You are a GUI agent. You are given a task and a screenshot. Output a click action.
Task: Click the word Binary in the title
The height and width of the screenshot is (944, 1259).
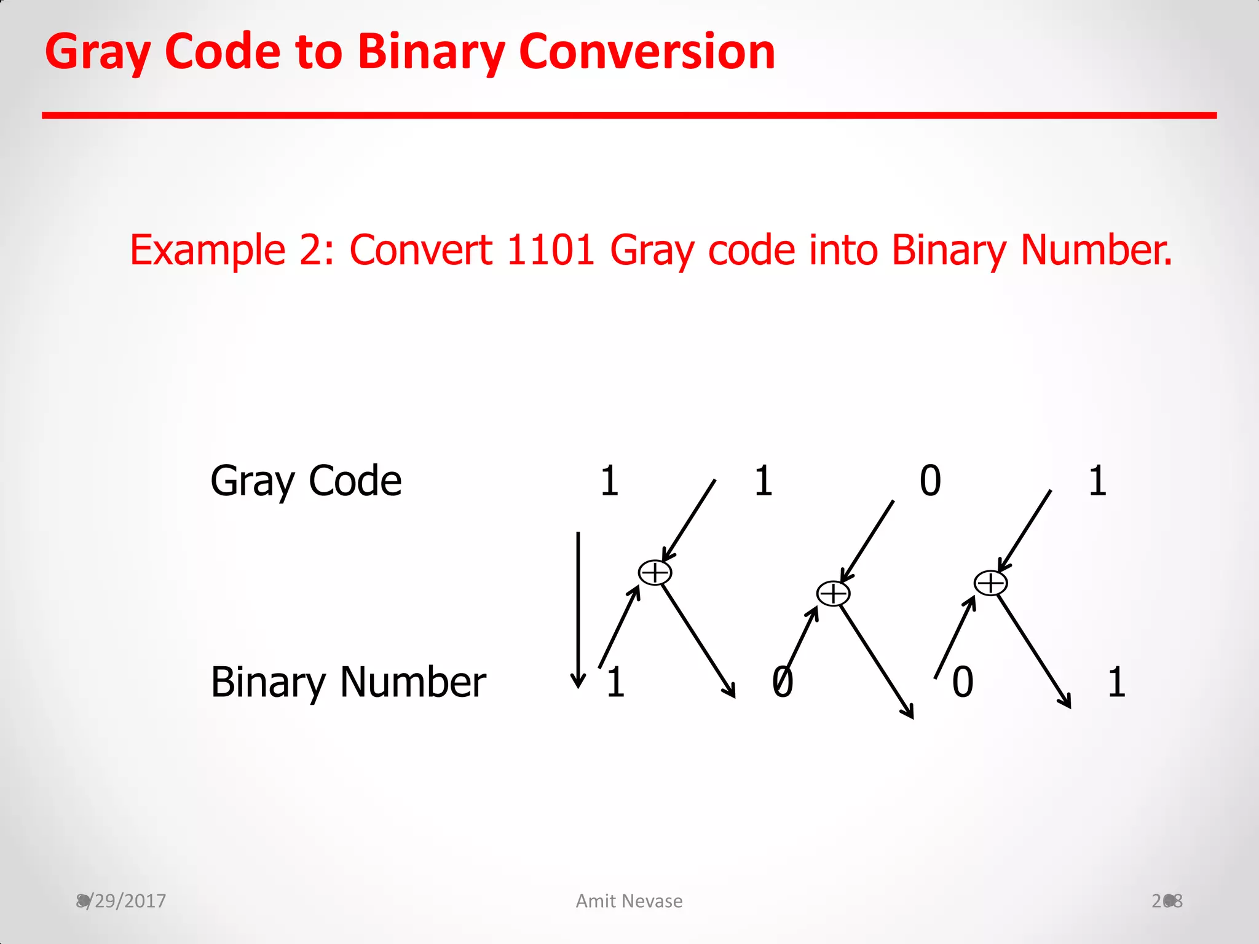pyautogui.click(x=430, y=52)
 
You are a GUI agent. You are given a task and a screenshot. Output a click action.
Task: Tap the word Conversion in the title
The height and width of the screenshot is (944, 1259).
pyautogui.click(x=647, y=52)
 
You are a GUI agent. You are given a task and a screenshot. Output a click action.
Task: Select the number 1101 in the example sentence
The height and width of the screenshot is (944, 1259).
pyautogui.click(x=550, y=251)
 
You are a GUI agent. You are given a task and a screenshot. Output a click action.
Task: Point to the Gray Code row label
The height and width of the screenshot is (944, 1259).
pyautogui.click(x=306, y=481)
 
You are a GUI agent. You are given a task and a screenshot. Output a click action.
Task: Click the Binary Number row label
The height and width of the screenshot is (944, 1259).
pyautogui.click(x=348, y=682)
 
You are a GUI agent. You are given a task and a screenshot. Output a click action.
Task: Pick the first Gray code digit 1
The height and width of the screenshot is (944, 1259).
pyautogui.click(x=609, y=481)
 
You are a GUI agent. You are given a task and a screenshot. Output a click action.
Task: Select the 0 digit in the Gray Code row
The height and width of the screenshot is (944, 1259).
pyautogui.click(x=930, y=481)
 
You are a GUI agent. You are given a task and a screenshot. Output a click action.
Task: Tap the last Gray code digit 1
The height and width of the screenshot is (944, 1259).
pyautogui.click(x=1097, y=481)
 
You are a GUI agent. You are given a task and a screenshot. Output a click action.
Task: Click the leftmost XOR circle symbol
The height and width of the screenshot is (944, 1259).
pyautogui.click(x=655, y=573)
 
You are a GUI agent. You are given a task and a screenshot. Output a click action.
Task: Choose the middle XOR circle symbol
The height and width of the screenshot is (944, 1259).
pyautogui.click(x=833, y=594)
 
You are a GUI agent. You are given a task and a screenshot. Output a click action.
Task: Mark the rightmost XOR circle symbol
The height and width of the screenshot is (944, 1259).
pyautogui.click(x=990, y=583)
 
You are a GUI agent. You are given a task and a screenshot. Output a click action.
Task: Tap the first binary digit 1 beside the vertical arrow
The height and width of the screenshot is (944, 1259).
pyautogui.click(x=615, y=682)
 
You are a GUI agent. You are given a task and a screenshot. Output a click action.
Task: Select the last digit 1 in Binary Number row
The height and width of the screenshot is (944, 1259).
pyautogui.click(x=1116, y=682)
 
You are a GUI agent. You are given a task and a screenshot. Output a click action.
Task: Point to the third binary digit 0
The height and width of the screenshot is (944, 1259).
pyautogui.click(x=963, y=682)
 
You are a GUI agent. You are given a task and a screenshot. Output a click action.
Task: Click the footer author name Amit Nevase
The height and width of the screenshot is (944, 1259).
pyautogui.click(x=629, y=901)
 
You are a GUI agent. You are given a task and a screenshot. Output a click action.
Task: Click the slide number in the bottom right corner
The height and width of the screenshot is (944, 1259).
pyautogui.click(x=1167, y=901)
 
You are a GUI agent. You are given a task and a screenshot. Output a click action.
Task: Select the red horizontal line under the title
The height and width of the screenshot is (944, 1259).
pyautogui.click(x=629, y=116)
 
